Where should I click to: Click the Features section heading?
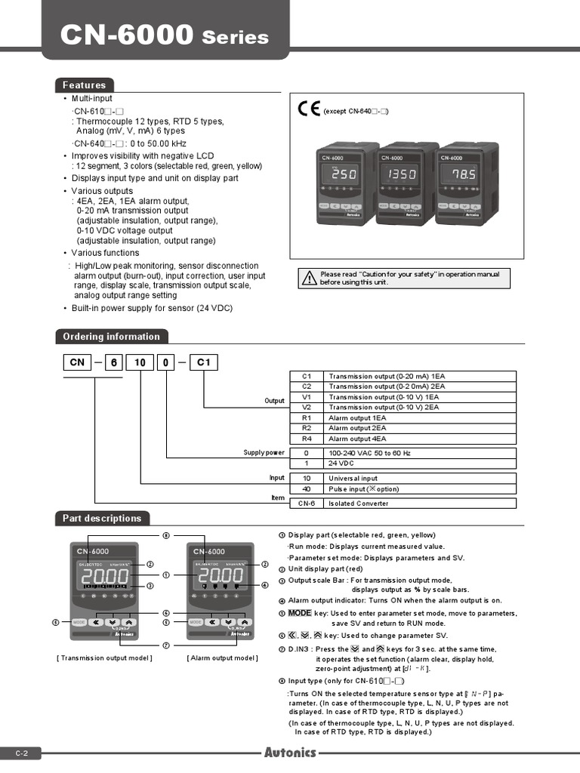coord(84,85)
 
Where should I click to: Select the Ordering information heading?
coord(111,337)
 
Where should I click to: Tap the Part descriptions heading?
coord(102,519)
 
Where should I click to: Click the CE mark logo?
coord(309,109)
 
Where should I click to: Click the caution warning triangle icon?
coord(309,279)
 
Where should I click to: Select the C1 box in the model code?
coord(203,362)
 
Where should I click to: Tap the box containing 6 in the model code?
coord(115,362)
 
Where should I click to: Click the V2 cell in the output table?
coord(307,407)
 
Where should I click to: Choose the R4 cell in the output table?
coord(307,439)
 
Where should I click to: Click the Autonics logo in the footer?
coord(290,753)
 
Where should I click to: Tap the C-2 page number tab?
coord(20,753)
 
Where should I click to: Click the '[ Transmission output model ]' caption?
coord(104,658)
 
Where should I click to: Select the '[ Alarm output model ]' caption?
coord(222,658)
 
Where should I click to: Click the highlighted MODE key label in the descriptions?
coord(300,612)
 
